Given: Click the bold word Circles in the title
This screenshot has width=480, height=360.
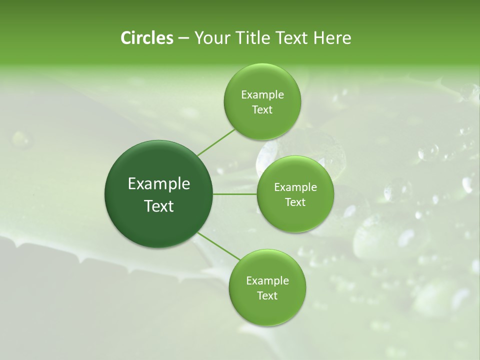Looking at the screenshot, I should pos(147,38).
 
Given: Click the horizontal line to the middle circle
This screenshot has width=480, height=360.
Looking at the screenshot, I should pos(235,194).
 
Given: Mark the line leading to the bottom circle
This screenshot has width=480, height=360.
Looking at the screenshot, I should pos(219,247).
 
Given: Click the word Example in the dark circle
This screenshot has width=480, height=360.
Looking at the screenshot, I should pos(159,184).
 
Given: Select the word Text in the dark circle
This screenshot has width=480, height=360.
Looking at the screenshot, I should pos(159,206).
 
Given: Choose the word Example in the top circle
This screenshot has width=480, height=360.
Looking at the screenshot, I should pos(262,95).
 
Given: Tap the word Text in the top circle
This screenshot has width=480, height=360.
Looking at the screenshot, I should pos(262,110).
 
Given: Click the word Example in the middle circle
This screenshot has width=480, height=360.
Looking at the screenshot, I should pos(295,187).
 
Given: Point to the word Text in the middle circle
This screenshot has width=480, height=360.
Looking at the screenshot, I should pos(295,202).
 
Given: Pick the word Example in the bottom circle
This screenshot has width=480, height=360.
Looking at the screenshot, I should pos(267,281).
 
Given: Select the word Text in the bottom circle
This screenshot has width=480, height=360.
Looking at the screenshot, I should pos(267,296).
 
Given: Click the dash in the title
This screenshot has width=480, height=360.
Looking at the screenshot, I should pos(183,38).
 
